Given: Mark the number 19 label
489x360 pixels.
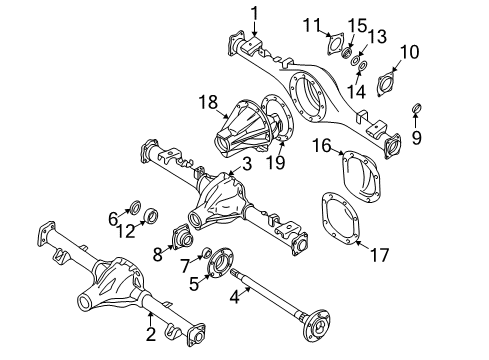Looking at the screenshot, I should [281, 161].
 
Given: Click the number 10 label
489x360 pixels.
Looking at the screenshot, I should [410, 51].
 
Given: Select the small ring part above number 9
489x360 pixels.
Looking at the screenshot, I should [416, 108].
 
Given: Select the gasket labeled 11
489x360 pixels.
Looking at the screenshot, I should [331, 49].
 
